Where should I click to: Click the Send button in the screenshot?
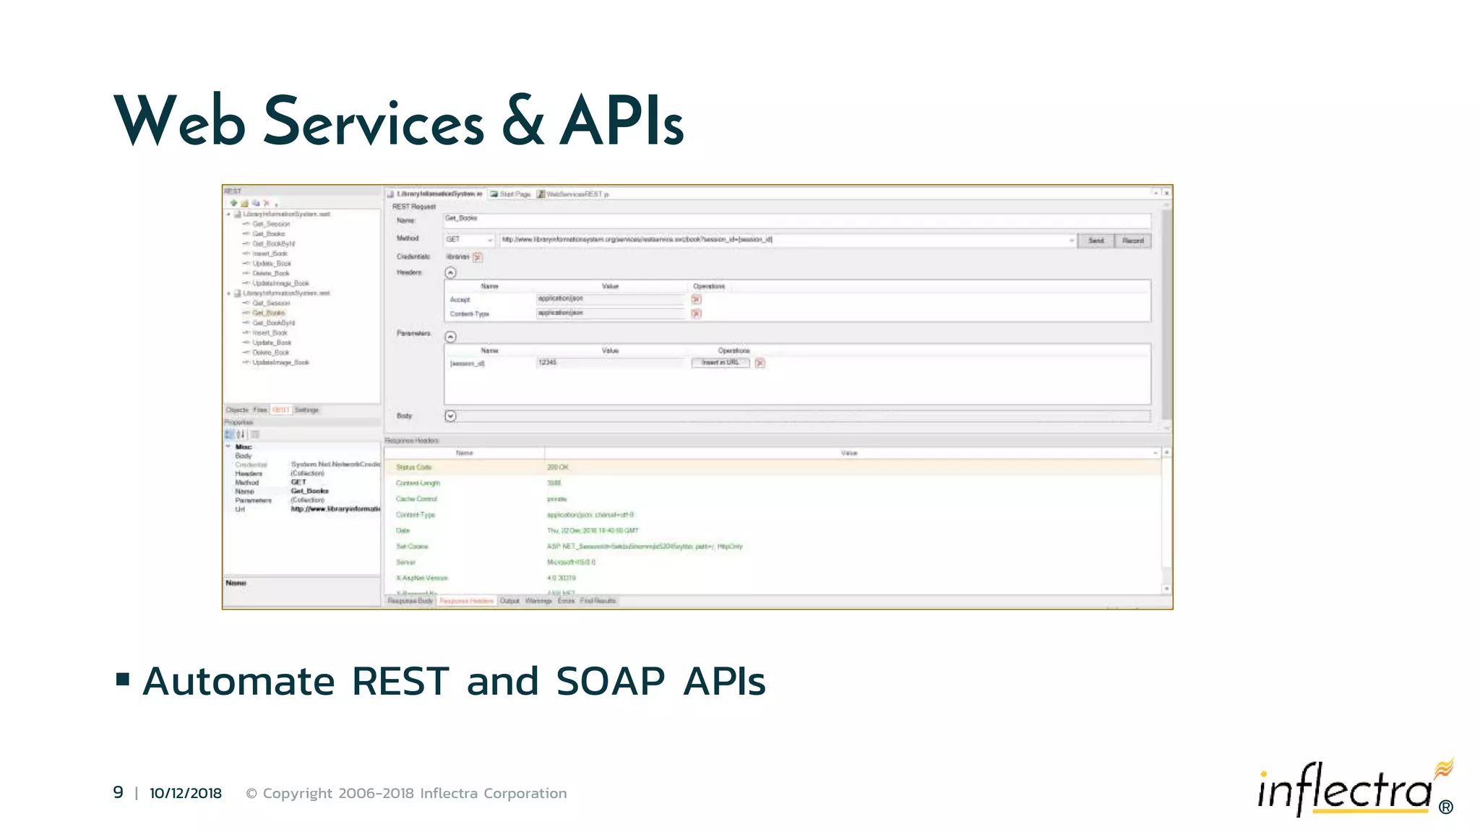[1096, 240]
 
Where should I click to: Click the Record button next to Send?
[1132, 240]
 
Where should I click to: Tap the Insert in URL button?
[720, 363]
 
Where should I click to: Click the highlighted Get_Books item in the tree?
[269, 313]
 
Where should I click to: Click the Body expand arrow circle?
[450, 416]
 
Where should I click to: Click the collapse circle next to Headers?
[450, 272]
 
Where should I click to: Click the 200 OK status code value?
[557, 467]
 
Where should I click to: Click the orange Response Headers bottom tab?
[466, 601]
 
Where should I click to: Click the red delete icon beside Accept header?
[696, 299]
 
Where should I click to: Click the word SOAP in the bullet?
[610, 681]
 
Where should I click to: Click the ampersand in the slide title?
[522, 121]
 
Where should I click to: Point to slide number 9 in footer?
[118, 792]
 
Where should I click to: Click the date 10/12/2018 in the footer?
[186, 793]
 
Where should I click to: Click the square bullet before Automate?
[123, 679]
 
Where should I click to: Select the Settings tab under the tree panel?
[306, 409]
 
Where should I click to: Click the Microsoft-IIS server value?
[571, 562]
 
